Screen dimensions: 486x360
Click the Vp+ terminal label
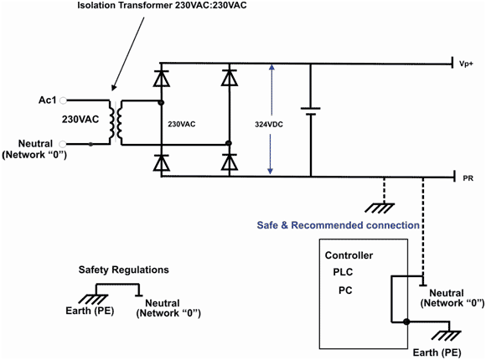pos(466,64)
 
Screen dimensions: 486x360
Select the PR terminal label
pos(468,178)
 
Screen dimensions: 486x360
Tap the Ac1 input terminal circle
pos(63,100)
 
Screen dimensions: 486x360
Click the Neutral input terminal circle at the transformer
pos(63,144)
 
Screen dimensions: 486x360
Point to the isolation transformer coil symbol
pos(116,122)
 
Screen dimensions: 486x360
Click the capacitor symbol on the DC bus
pos(311,111)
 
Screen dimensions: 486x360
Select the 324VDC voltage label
pos(269,125)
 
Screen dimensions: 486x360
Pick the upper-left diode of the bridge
pos(161,78)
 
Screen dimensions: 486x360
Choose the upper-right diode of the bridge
pos(230,78)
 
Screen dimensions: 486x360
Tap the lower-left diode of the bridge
pos(161,162)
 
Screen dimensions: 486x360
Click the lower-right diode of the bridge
pos(230,162)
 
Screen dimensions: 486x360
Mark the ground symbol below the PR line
pos(380,208)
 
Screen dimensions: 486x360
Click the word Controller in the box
pos(349,255)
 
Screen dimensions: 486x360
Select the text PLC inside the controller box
pos(343,272)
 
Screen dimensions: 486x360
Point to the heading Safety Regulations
pos(124,270)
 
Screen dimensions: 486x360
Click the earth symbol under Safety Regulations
pos(93,299)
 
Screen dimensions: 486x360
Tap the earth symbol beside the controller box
pos(447,336)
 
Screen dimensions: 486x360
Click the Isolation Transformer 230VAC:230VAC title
pos(162,5)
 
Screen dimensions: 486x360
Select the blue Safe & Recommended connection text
pos(339,225)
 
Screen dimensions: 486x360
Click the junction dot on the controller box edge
pos(406,321)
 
